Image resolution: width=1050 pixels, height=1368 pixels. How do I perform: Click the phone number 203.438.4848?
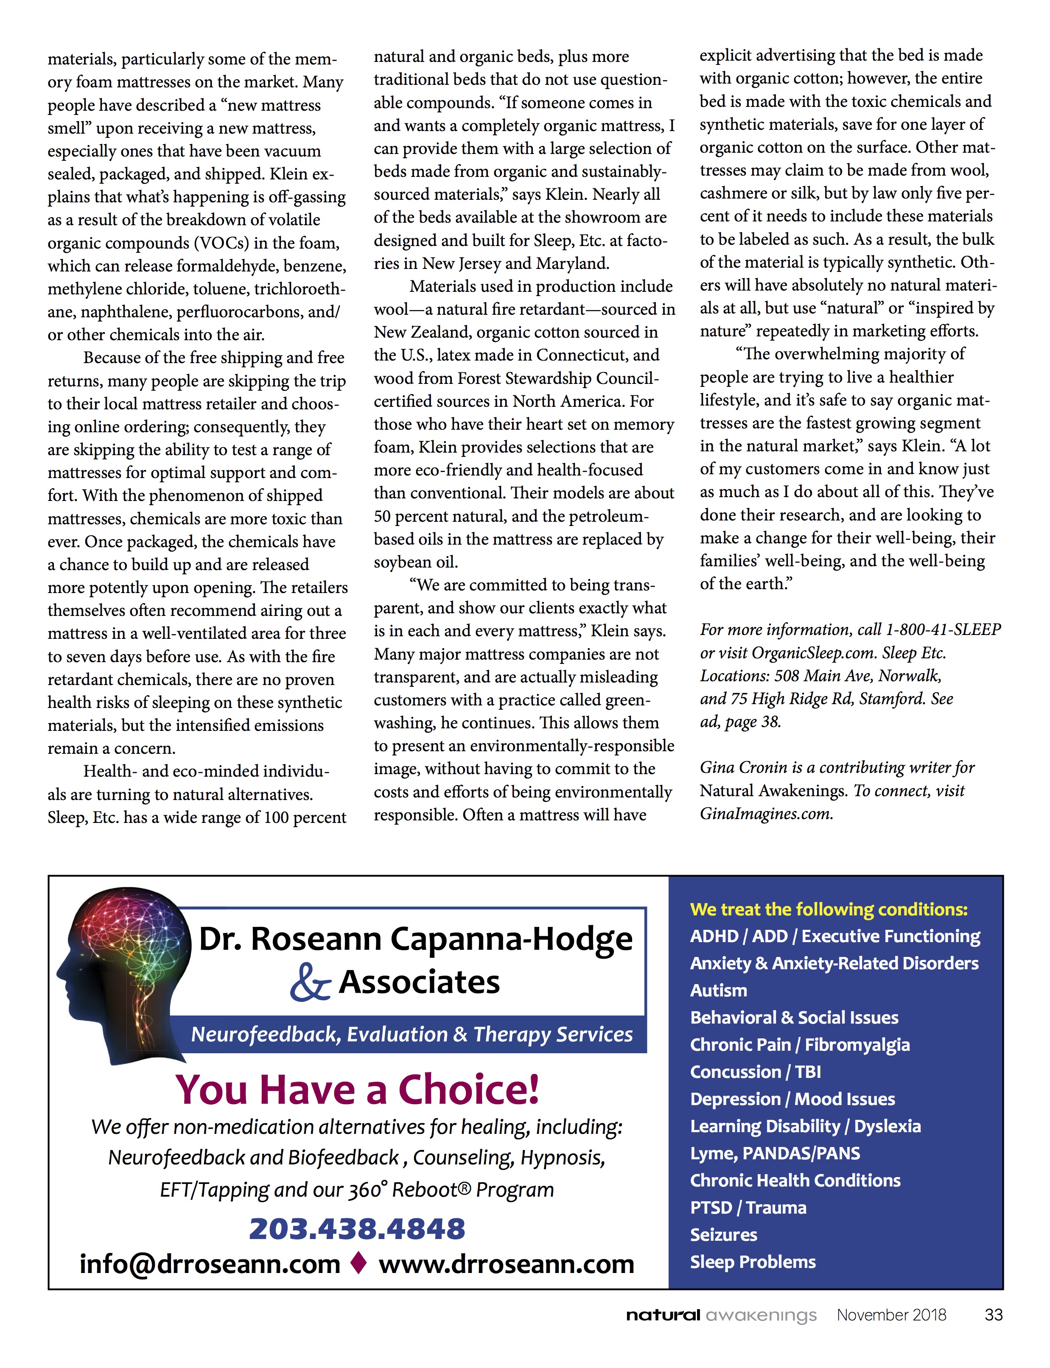[x=357, y=1228]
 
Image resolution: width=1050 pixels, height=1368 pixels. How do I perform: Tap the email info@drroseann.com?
[x=210, y=1264]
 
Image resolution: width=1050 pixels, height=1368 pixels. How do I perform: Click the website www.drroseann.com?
[x=506, y=1264]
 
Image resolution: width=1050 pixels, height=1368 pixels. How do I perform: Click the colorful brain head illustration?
[x=125, y=975]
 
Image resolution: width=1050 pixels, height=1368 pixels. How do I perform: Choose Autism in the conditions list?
[x=718, y=990]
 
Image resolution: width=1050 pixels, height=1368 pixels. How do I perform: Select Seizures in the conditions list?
[x=723, y=1235]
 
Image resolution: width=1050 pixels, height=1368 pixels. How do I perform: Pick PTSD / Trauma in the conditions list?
[x=748, y=1207]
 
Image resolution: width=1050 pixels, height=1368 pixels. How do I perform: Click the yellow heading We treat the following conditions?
[x=828, y=909]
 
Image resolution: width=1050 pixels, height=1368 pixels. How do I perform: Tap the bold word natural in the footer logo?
[x=663, y=1315]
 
